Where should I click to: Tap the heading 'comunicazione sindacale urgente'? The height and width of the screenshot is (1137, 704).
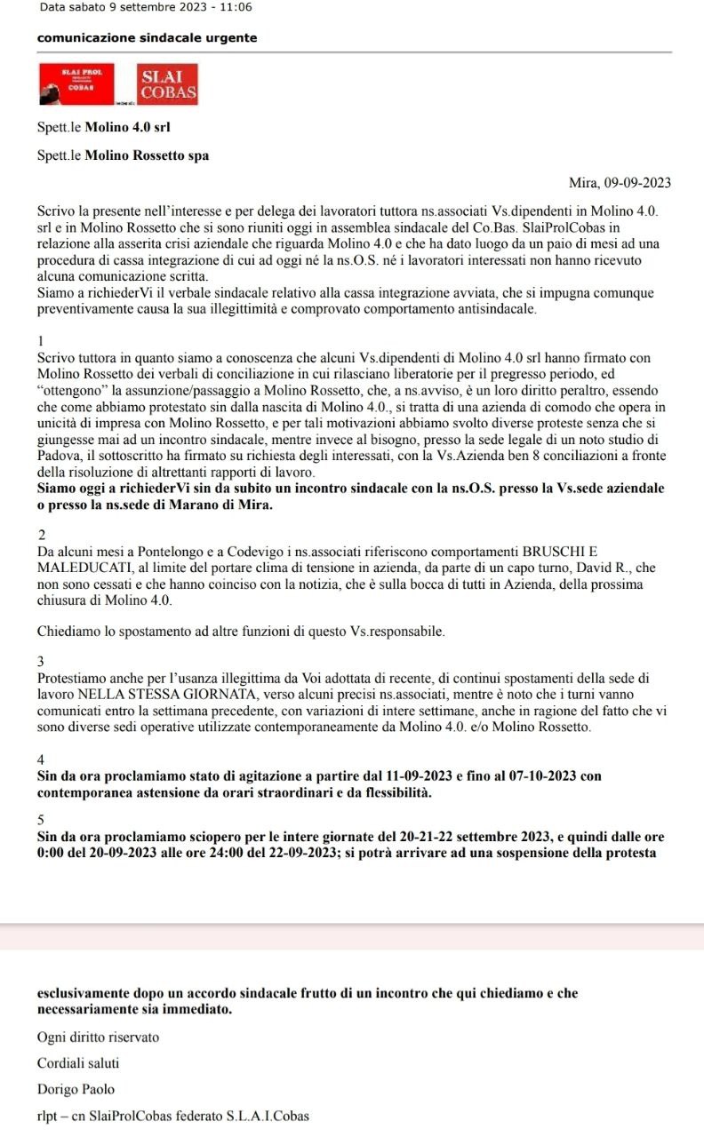tap(148, 38)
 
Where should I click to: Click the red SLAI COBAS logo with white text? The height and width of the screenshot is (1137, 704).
tap(167, 83)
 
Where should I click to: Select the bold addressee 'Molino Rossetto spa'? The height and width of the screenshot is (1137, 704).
tap(147, 155)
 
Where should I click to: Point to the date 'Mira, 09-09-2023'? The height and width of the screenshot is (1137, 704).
tap(620, 183)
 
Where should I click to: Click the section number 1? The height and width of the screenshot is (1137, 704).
tap(42, 341)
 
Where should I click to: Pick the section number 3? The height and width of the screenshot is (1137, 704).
tap(42, 662)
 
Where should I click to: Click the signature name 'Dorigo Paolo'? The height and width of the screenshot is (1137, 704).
tap(76, 1088)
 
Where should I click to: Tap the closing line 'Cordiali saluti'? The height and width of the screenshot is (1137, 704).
tap(78, 1062)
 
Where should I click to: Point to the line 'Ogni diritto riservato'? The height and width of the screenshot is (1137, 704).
tap(98, 1037)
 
